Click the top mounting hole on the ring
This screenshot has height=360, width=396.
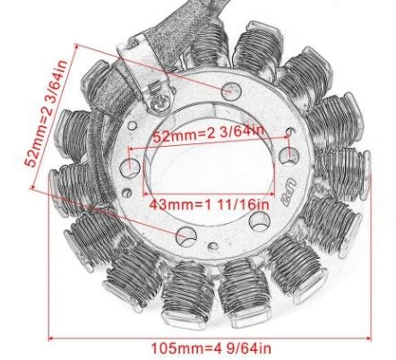(232, 89)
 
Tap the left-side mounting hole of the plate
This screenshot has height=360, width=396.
(133, 167)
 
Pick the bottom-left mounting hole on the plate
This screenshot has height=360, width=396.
(187, 236)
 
